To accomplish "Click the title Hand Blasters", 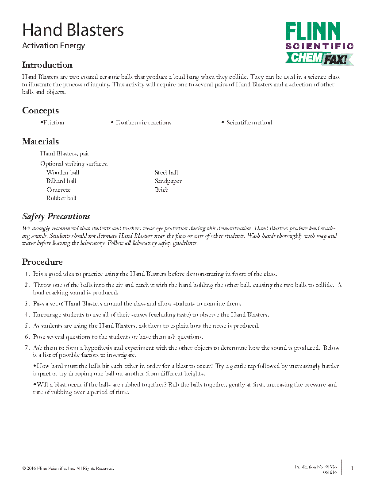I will [x=73, y=30].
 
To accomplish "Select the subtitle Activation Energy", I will [x=54, y=46].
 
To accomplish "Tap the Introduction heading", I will [x=47, y=65].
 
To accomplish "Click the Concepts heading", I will [x=40, y=111].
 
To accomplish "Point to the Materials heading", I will [x=40, y=142].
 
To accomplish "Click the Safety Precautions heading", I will [x=56, y=216].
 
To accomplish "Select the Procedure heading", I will [x=42, y=262].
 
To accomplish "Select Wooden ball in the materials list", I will [x=63, y=172].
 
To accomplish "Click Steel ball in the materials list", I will [x=166, y=172].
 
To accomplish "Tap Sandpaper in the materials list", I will [x=168, y=181].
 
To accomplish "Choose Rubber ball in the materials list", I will [x=61, y=198].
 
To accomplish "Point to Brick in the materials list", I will [x=161, y=189].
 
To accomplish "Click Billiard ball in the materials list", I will [x=61, y=181].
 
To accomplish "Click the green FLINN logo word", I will [x=313, y=31].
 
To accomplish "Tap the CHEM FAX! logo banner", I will [x=319, y=58].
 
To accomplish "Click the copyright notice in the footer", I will [x=68, y=468].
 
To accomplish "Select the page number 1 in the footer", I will [x=352, y=468].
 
